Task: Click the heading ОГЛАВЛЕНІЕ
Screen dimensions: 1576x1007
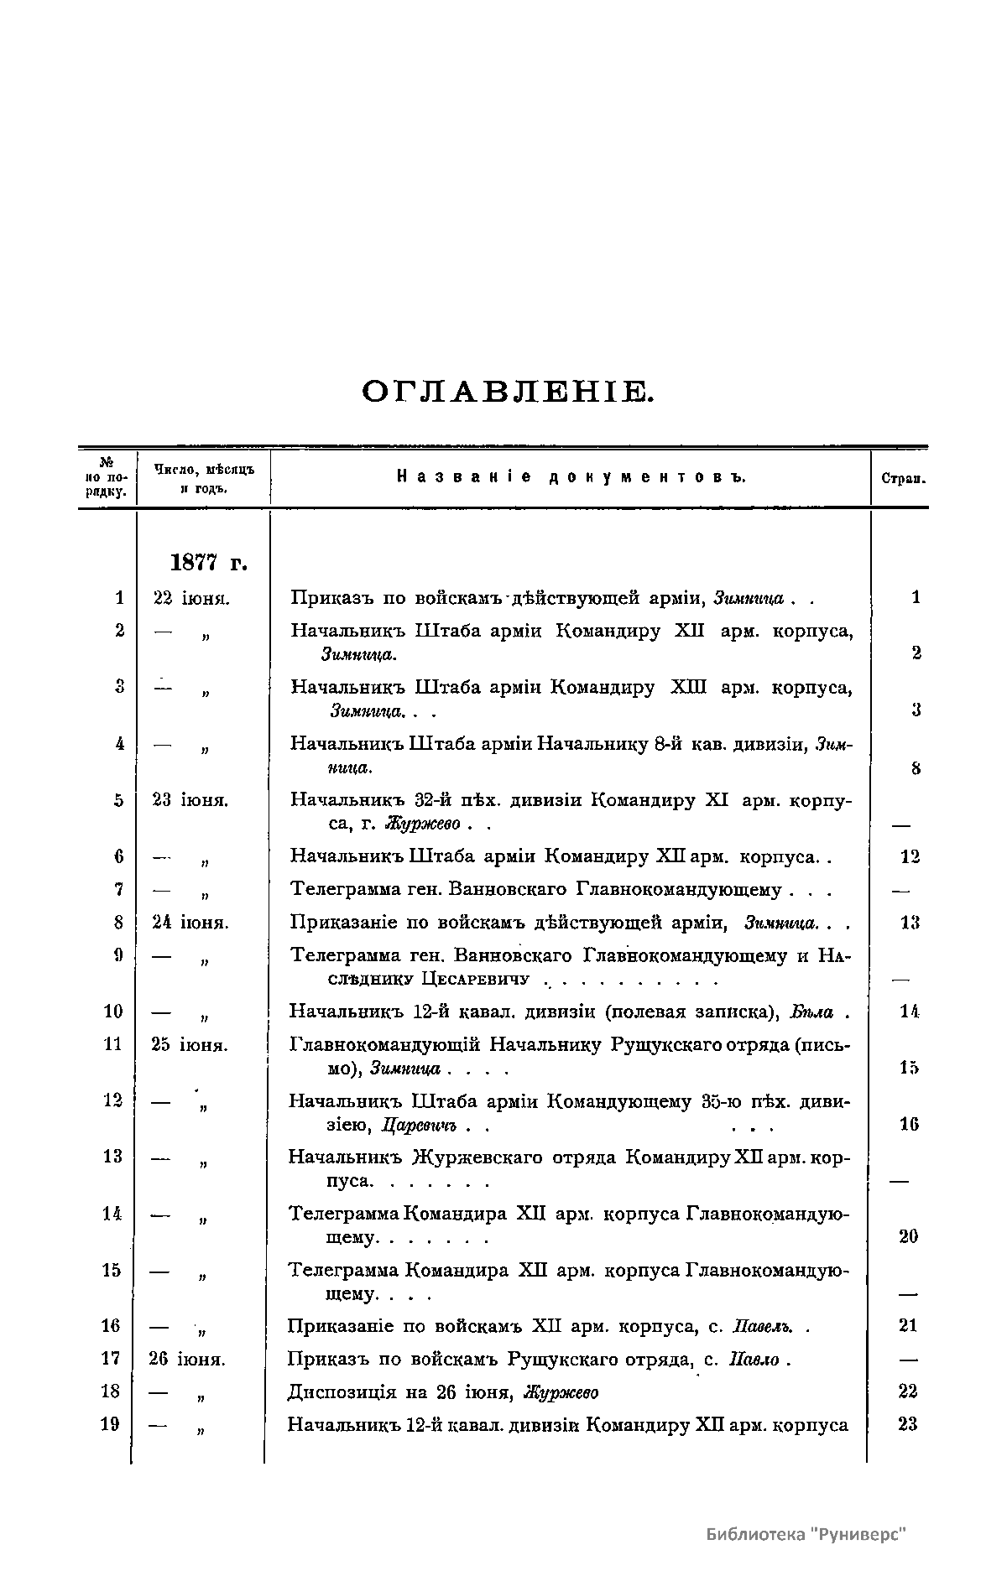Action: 506,392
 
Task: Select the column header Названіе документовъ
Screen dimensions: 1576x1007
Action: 571,477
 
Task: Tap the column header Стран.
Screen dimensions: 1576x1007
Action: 903,479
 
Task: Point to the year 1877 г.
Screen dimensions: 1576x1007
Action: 208,561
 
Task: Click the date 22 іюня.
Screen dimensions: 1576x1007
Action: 191,598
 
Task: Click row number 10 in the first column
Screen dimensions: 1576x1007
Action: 113,1012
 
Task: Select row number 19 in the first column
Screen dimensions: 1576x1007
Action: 110,1424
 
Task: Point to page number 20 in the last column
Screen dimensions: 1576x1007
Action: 908,1236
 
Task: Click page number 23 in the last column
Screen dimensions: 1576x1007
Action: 907,1424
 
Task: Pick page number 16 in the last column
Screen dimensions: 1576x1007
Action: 909,1124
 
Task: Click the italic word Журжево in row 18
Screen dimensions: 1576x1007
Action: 561,1393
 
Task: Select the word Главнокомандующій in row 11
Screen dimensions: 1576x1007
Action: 384,1045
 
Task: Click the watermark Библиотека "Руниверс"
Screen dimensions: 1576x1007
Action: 807,1534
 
